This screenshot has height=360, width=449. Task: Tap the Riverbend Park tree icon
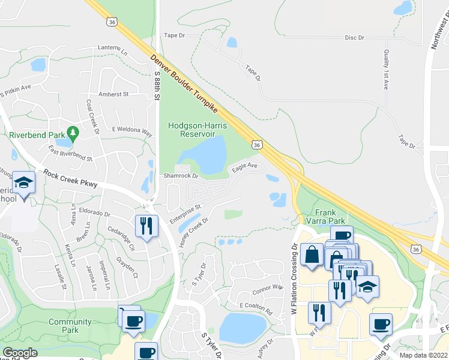click(73, 131)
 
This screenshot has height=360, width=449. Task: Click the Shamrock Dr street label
click(181, 176)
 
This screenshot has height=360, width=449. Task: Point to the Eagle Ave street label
click(245, 167)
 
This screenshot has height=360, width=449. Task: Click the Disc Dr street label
click(355, 38)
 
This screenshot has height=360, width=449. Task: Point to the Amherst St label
click(113, 94)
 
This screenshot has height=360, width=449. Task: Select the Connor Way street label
click(267, 289)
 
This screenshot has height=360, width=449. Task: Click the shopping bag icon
click(313, 254)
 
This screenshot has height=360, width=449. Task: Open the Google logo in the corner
click(20, 353)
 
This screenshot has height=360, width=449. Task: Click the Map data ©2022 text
click(423, 355)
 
